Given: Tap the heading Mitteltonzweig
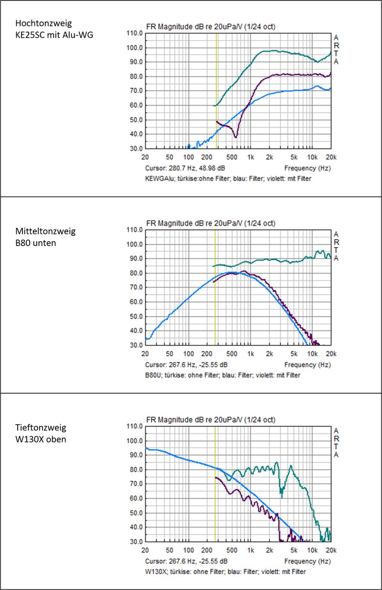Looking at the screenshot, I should point(46,231).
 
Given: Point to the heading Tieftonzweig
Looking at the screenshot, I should point(41,428).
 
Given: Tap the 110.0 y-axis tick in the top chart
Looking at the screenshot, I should point(134,33).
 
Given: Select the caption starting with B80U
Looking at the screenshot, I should point(223,375).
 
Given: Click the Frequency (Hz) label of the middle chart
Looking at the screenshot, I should point(307,365).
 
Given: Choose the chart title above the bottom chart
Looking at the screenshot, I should point(210,419).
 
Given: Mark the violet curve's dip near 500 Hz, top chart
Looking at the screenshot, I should point(235,137).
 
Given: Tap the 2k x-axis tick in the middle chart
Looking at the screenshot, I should point(269,354).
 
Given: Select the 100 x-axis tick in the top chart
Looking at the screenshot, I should point(189,157).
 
